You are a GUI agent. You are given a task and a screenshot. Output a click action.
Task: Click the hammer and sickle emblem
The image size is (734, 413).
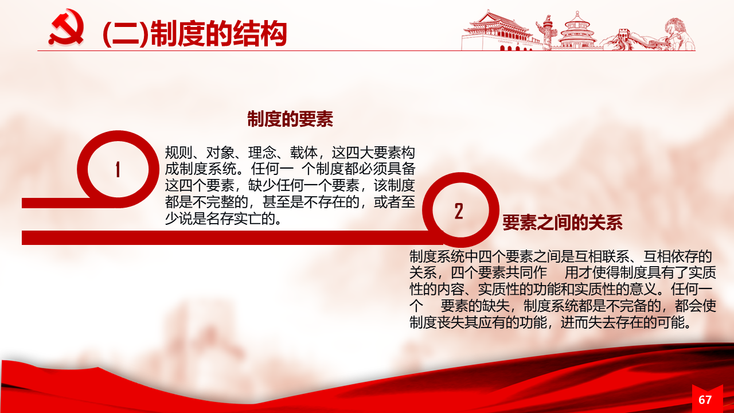[x=67, y=27]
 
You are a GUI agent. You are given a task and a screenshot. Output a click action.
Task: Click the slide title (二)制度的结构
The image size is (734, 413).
[x=194, y=33]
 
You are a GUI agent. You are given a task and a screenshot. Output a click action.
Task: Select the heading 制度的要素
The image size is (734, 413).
[x=290, y=119]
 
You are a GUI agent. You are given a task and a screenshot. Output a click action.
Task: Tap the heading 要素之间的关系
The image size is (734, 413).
[x=563, y=223]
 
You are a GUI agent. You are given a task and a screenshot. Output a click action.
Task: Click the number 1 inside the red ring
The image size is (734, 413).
[x=118, y=169]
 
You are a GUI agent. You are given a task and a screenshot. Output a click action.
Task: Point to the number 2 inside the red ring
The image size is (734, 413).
[x=459, y=211]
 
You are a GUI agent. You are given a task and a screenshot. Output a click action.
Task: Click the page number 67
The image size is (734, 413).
[x=705, y=400]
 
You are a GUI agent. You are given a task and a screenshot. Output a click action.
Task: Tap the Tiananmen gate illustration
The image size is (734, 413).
[x=498, y=30]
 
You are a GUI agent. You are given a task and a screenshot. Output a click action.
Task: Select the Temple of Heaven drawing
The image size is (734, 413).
[x=577, y=30]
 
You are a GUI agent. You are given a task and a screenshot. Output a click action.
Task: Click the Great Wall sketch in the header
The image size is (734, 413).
[x=629, y=40]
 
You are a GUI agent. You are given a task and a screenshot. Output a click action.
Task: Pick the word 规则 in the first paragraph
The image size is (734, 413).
[x=178, y=153]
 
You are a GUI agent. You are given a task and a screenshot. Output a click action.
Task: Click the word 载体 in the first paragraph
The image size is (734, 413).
[x=304, y=153]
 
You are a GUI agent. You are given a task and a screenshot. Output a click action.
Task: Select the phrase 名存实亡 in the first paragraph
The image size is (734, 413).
[x=234, y=219]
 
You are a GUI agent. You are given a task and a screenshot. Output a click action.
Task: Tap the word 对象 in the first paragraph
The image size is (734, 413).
[x=220, y=153]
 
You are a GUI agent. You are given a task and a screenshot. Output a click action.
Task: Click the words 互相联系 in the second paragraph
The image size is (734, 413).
[x=602, y=256]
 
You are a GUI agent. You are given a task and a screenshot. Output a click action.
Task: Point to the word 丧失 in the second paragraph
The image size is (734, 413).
[x=451, y=322]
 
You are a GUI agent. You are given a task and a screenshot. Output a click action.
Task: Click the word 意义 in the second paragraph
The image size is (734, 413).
[x=643, y=290]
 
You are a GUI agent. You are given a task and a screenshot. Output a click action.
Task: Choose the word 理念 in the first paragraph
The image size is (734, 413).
[x=262, y=153]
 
